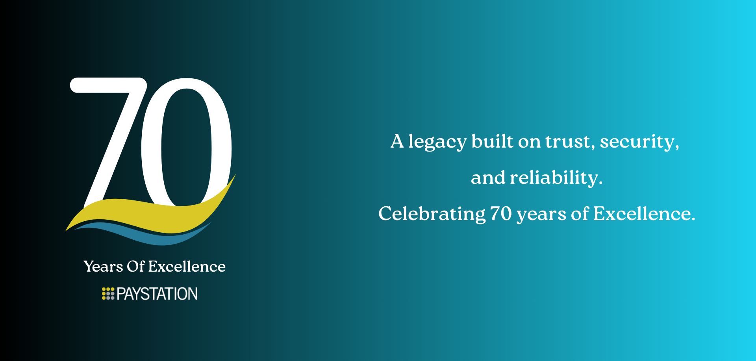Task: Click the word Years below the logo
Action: (103, 267)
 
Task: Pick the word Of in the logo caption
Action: (136, 267)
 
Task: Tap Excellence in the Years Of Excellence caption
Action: (187, 267)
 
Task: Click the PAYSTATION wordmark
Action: (157, 294)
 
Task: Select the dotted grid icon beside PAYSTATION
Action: (108, 294)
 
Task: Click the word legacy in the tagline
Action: (437, 142)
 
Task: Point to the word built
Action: (493, 141)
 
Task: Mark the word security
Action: (639, 142)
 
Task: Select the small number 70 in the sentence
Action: (501, 214)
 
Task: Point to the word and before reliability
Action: (488, 178)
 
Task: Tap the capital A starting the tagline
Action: (397, 141)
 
